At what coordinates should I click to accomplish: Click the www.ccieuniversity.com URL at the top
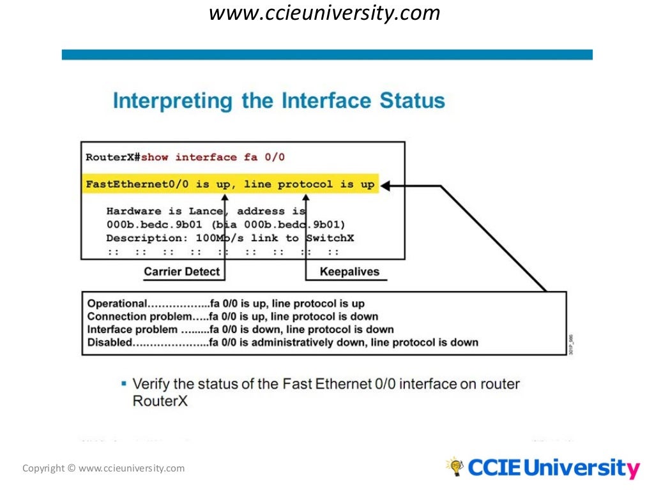(x=324, y=13)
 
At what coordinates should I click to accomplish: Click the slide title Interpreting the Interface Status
(x=278, y=101)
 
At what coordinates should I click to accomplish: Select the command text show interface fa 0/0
(x=213, y=157)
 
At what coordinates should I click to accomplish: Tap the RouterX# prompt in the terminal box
(x=113, y=157)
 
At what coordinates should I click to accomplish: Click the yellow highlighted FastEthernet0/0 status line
(x=231, y=184)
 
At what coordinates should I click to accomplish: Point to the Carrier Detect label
(x=181, y=272)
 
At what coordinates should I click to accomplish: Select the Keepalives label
(x=349, y=272)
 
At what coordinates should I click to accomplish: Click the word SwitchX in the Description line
(x=330, y=238)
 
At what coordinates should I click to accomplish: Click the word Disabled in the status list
(x=110, y=343)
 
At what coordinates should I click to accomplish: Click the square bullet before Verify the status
(x=123, y=383)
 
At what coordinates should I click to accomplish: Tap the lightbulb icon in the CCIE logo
(x=455, y=466)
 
